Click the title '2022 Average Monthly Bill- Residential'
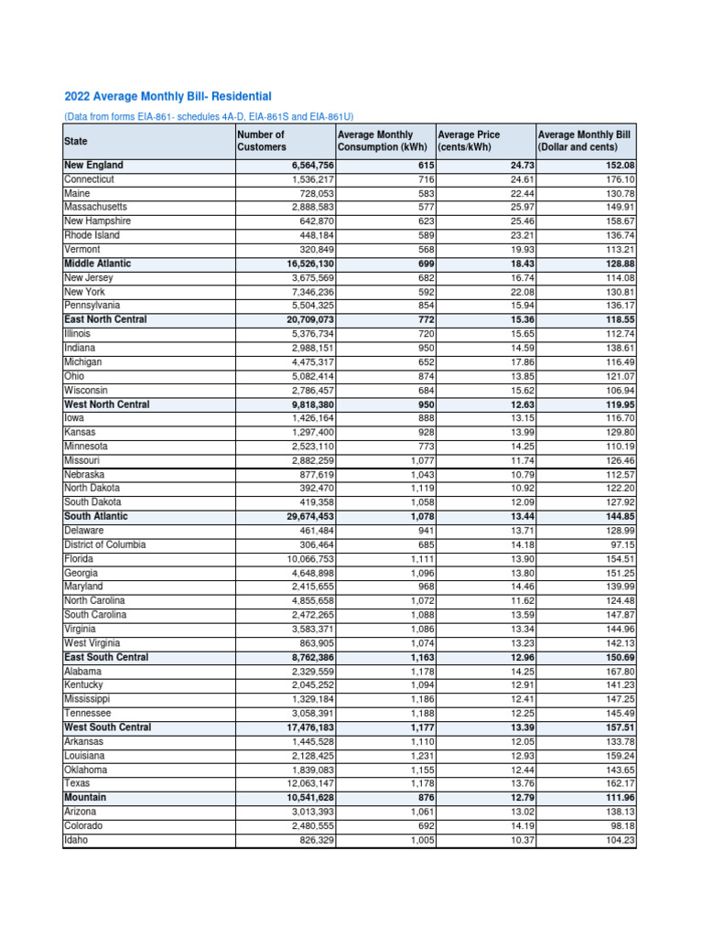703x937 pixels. (x=168, y=96)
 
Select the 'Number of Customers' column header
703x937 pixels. (x=261, y=141)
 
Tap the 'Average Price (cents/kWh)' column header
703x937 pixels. (x=469, y=141)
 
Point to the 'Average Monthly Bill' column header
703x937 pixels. (x=584, y=141)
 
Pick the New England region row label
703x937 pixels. (x=93, y=166)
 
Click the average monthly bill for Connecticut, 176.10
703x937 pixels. (x=616, y=179)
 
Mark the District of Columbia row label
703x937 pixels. (x=104, y=544)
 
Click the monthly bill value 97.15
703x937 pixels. (x=619, y=544)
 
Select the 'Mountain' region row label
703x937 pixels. (x=85, y=798)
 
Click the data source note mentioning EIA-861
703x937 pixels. (x=209, y=117)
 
